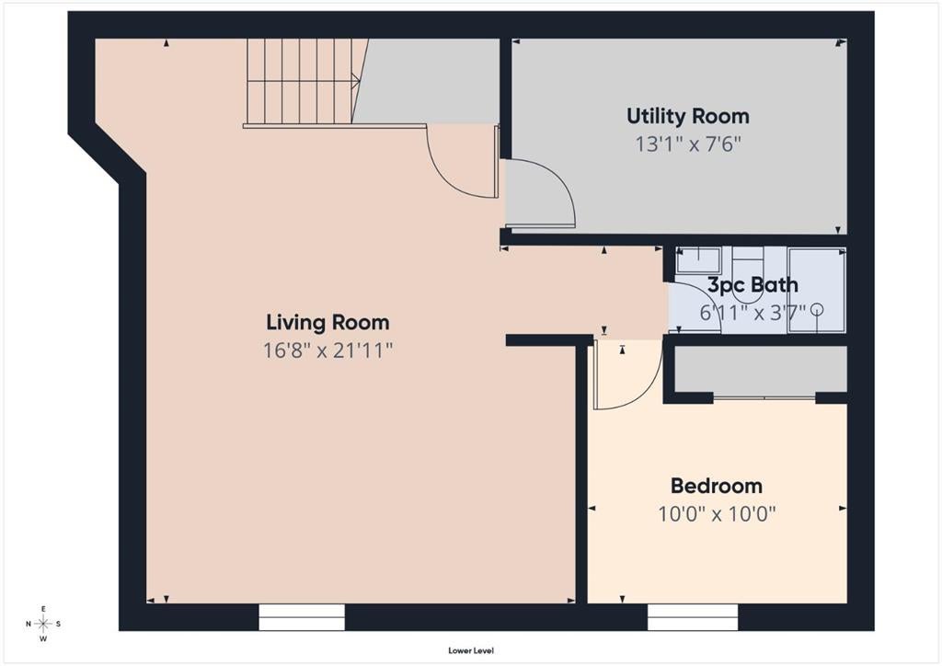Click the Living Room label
[x=327, y=323]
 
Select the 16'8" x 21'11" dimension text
[x=327, y=350]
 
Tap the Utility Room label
[x=688, y=117]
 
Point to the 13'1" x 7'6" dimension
[x=688, y=144]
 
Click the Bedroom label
[x=716, y=485]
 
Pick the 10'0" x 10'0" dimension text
[x=717, y=514]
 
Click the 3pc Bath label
[x=752, y=284]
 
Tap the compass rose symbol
[x=43, y=624]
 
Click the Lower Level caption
[x=471, y=650]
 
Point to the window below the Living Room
[x=302, y=616]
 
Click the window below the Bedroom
[x=692, y=616]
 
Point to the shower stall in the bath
[x=817, y=290]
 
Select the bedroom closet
[x=761, y=371]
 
